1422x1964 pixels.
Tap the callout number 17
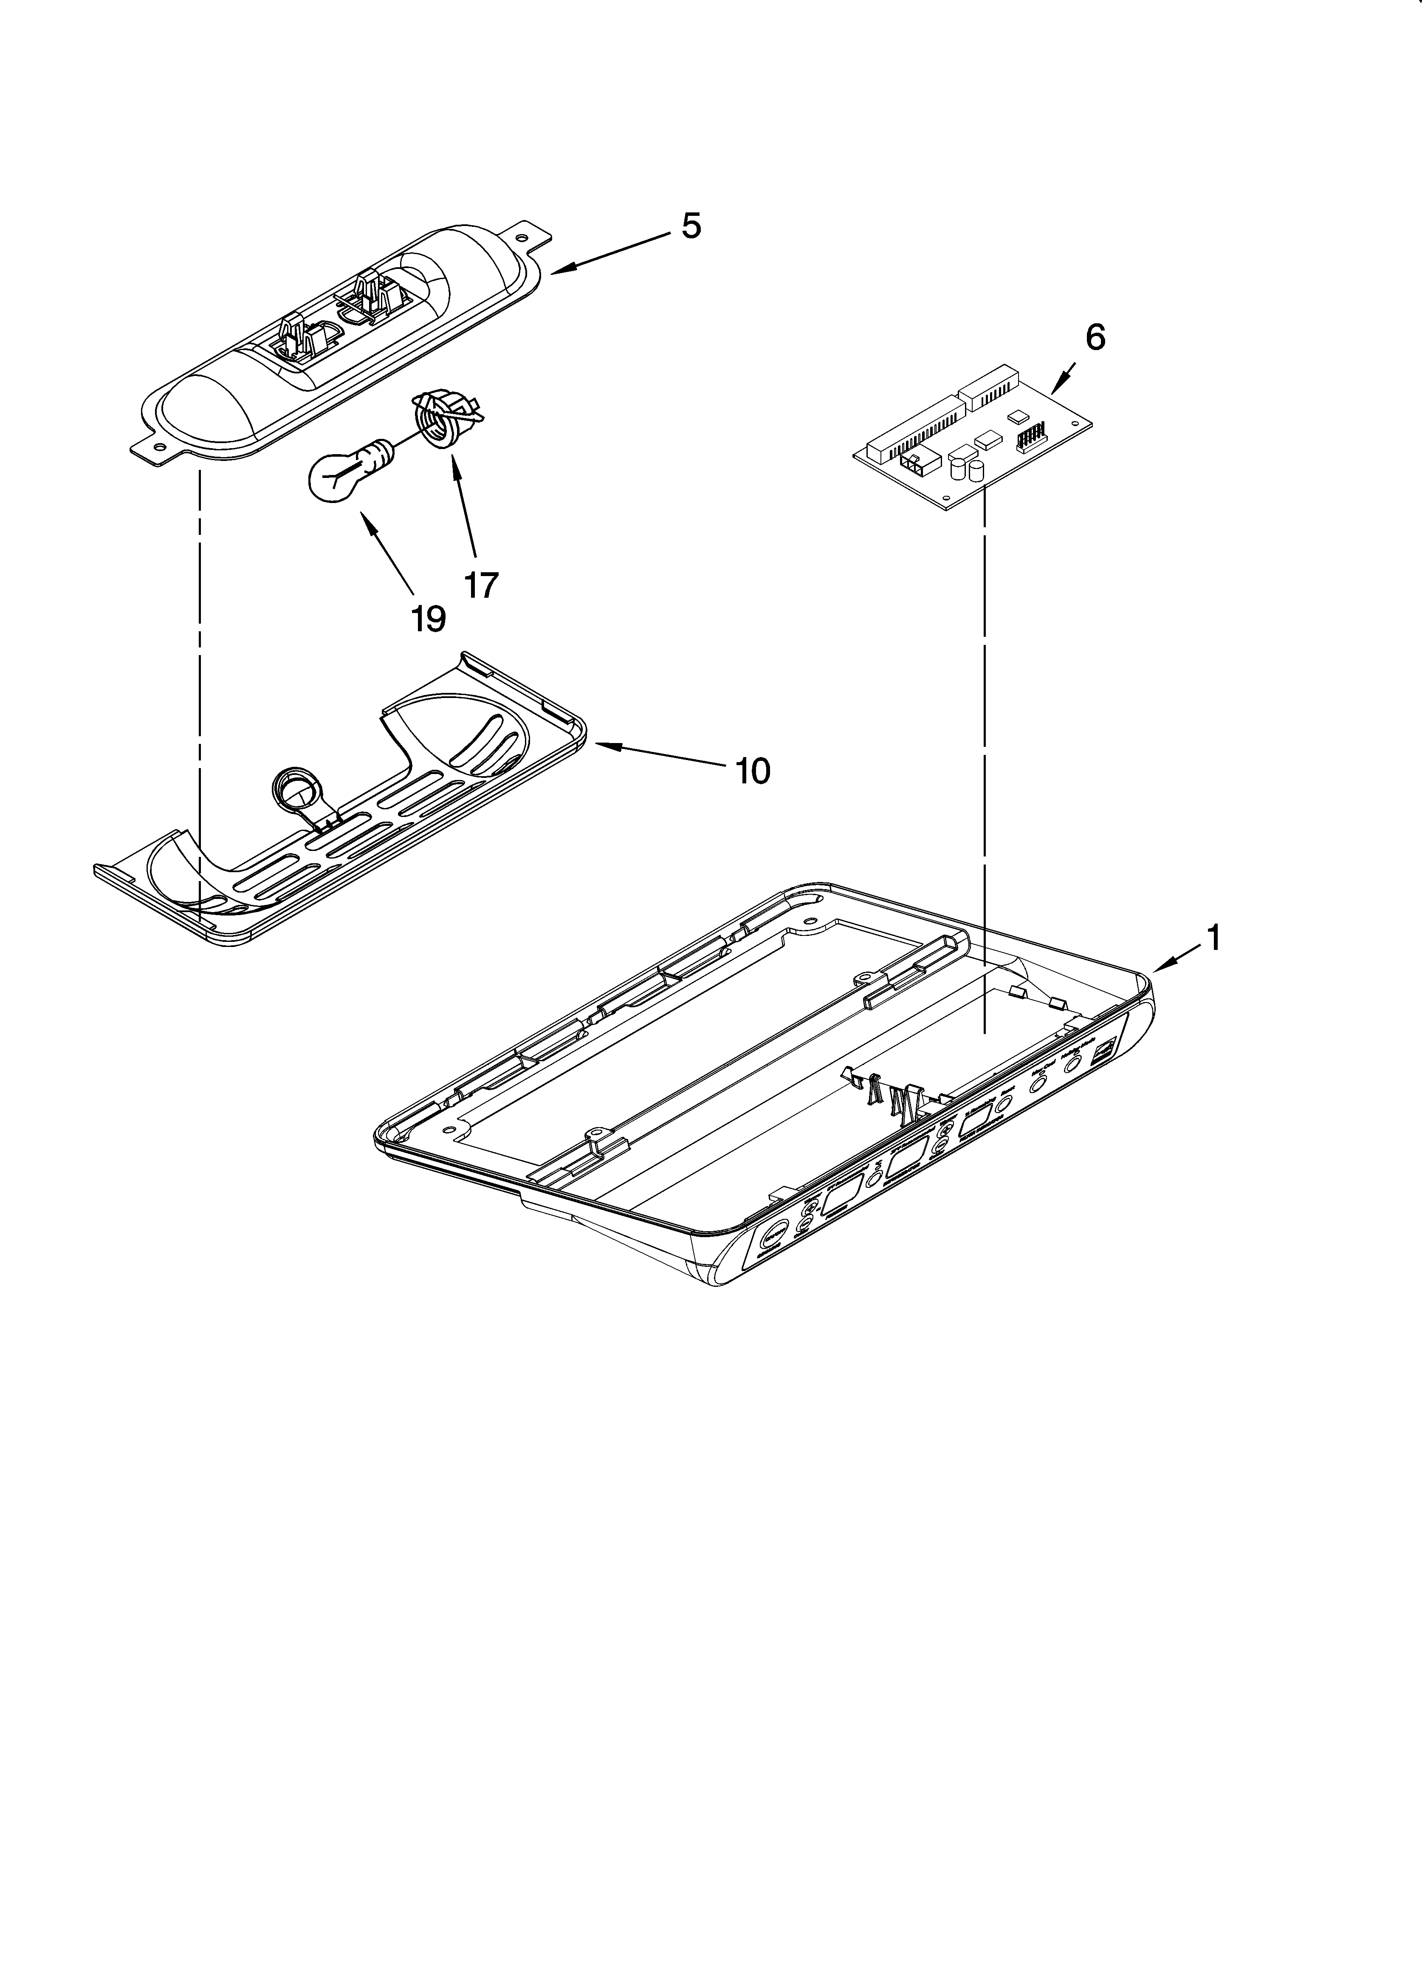[482, 585]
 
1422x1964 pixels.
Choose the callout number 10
[752, 770]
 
